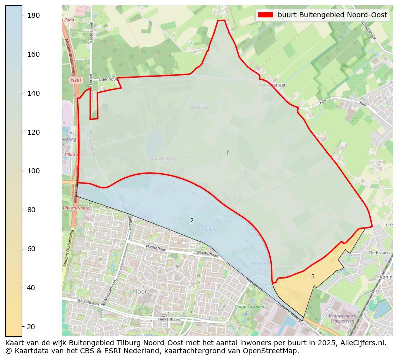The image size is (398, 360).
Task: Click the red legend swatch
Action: tap(265, 15)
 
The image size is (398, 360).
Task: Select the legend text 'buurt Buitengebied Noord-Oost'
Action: tap(332, 15)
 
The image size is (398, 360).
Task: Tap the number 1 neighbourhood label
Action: tap(227, 152)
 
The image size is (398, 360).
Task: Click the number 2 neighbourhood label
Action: tap(192, 220)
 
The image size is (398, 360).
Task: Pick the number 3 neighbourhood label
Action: tap(313, 276)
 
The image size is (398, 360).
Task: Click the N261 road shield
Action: tap(76, 80)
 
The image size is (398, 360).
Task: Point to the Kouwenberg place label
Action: tap(163, 158)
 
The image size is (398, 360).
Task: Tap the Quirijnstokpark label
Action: tap(249, 307)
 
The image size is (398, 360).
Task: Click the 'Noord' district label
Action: tap(142, 291)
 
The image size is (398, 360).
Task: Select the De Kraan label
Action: tap(378, 253)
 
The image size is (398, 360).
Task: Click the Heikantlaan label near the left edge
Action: tap(75, 301)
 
